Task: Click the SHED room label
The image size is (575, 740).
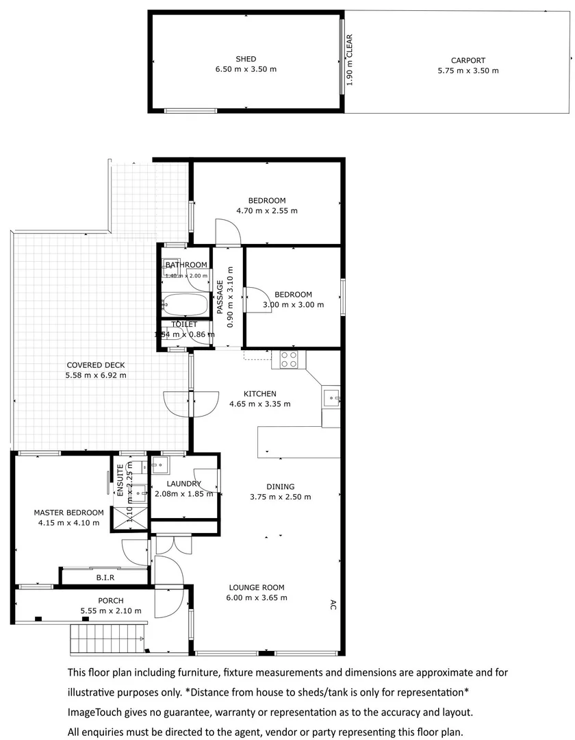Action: pos(246,60)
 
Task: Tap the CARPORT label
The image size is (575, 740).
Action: pos(468,60)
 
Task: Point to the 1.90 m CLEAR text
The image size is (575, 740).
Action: pos(349,60)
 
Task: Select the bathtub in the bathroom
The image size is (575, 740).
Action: pos(183,302)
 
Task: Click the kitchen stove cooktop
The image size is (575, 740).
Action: pos(288,360)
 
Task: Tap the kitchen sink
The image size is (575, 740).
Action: pos(331,397)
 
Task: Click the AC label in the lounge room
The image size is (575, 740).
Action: pos(333,604)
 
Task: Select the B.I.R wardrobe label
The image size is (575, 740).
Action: pos(105,578)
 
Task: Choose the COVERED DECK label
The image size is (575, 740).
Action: pos(95,365)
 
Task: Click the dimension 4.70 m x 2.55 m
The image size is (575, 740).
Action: pos(266,211)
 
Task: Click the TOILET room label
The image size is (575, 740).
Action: pos(184,324)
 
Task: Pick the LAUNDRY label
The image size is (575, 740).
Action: pos(183,484)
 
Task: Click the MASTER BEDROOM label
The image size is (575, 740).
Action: pos(68,513)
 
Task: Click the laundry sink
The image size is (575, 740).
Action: pos(160,467)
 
